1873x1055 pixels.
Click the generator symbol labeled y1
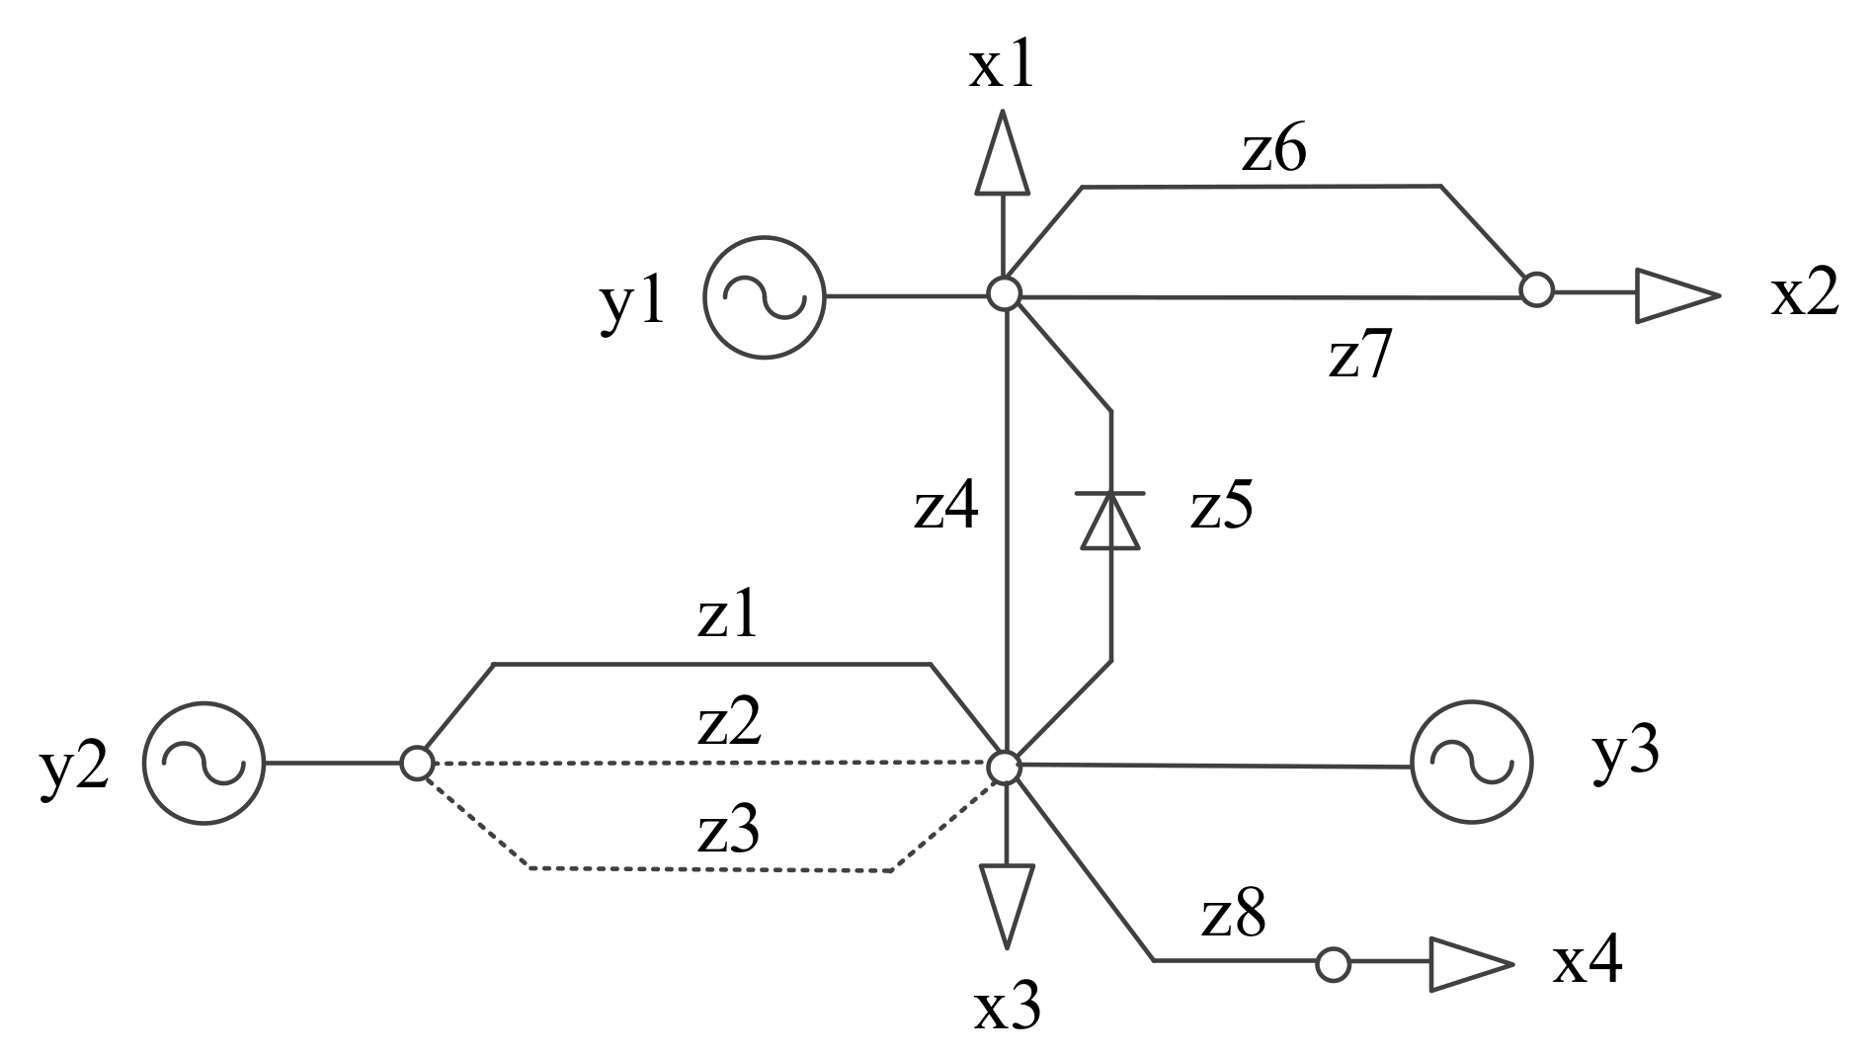(764, 296)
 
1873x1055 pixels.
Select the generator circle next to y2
(204, 763)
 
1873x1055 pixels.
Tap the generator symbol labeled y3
(1471, 764)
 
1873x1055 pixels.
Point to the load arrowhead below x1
(1003, 153)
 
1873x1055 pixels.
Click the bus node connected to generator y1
(1004, 293)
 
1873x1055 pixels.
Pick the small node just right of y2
(416, 763)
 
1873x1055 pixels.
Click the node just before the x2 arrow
(1536, 290)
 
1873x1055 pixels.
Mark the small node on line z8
(1333, 964)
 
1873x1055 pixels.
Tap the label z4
(945, 509)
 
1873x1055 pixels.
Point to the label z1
(728, 618)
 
